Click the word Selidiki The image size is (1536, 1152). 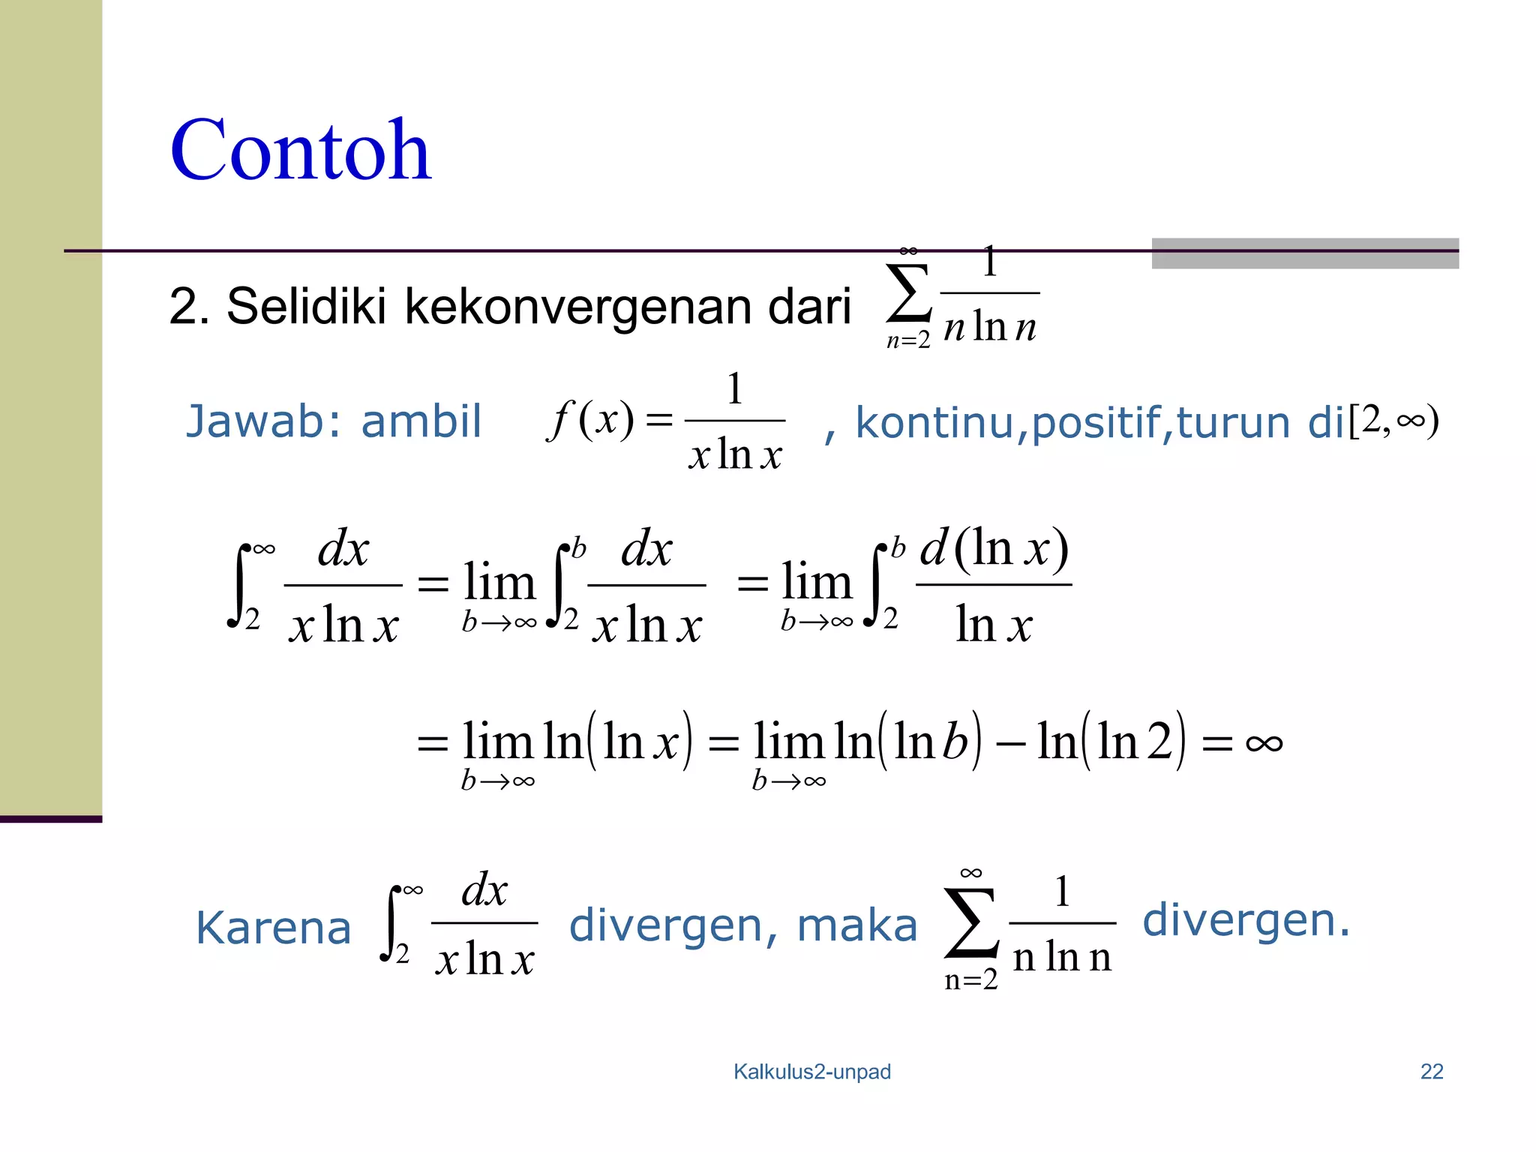306,307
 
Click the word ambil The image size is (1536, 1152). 421,421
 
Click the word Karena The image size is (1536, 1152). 273,928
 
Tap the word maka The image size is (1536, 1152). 856,925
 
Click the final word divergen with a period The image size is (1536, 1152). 1245,920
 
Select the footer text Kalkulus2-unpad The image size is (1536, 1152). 811,1072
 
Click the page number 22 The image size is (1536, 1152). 1431,1072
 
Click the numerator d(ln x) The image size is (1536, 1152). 994,548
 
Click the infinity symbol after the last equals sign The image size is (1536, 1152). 1264,743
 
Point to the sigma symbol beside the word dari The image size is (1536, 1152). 908,293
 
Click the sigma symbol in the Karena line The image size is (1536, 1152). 970,923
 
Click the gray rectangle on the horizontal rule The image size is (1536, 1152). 1304,253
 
